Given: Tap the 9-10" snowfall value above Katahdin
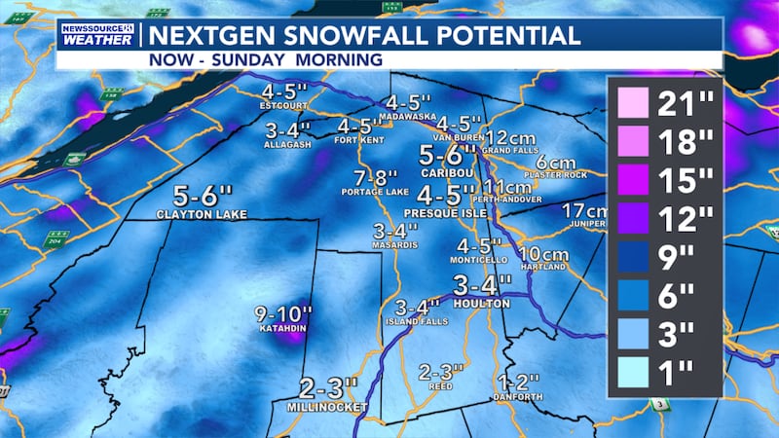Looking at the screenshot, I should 284,313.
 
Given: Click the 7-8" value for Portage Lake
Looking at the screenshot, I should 376,178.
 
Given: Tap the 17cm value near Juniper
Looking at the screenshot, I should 585,211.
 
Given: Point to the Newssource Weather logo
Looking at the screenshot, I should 96,36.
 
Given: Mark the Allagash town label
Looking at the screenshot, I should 286,144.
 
